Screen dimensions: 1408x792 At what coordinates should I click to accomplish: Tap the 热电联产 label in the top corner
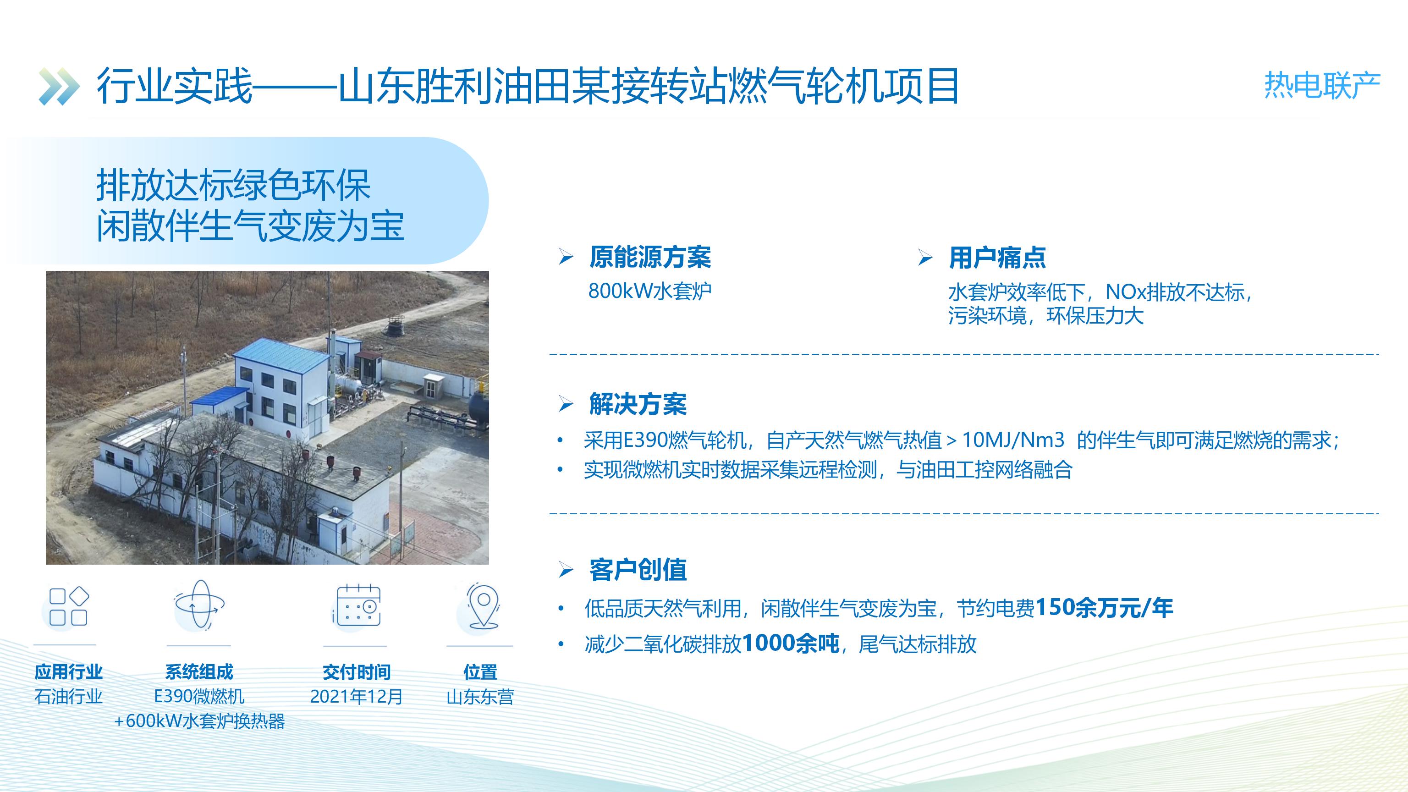click(1322, 86)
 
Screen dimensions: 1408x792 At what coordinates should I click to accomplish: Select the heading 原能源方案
click(650, 257)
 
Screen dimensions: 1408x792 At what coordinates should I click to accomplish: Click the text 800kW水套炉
click(650, 291)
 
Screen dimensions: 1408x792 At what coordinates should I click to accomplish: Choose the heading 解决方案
click(638, 404)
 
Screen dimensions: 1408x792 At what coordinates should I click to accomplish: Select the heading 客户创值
click(638, 570)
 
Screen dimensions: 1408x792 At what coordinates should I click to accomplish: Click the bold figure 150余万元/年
click(1104, 607)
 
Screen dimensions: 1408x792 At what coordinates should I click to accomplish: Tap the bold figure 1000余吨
click(790, 643)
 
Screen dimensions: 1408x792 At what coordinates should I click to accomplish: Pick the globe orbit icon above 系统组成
click(199, 605)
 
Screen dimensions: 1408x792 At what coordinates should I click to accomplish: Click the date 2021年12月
click(357, 696)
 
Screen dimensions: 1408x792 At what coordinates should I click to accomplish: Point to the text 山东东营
click(480, 696)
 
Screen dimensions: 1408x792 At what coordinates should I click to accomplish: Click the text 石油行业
click(68, 696)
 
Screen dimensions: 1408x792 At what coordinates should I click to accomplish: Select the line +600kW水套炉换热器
click(199, 721)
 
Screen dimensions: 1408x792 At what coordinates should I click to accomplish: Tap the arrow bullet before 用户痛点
click(925, 258)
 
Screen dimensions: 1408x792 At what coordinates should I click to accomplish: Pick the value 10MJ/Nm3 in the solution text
click(1013, 440)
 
